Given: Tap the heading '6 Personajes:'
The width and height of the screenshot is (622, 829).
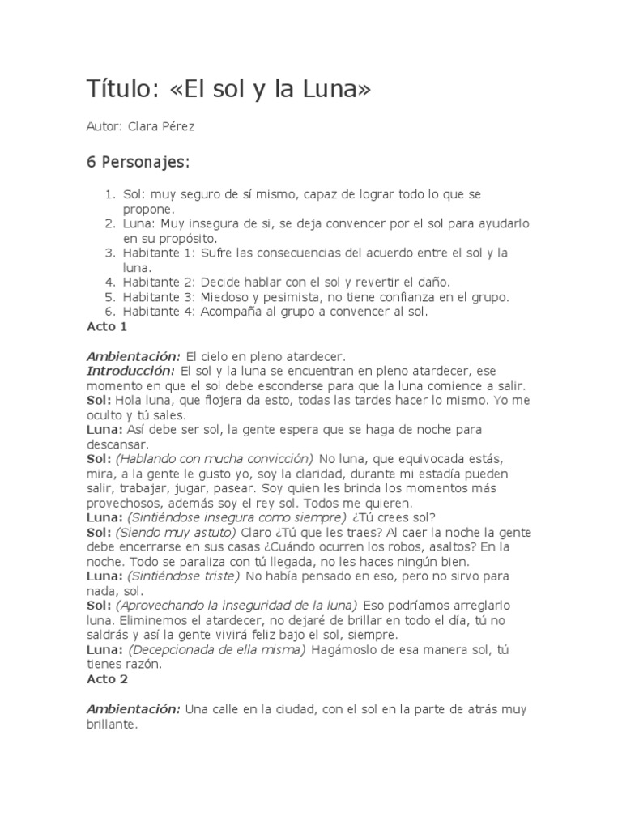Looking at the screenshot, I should click(138, 162).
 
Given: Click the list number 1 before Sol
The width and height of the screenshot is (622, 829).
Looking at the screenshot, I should click(110, 195).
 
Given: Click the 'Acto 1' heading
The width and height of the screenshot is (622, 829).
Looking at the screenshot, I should click(107, 327).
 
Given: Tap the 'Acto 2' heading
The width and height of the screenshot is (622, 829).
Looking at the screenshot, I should click(107, 679).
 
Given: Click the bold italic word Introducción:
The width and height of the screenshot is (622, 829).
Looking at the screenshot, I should click(131, 371).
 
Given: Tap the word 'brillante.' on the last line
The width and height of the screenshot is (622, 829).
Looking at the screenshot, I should click(113, 726).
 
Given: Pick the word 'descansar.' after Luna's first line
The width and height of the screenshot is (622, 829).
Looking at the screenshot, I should click(117, 444).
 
